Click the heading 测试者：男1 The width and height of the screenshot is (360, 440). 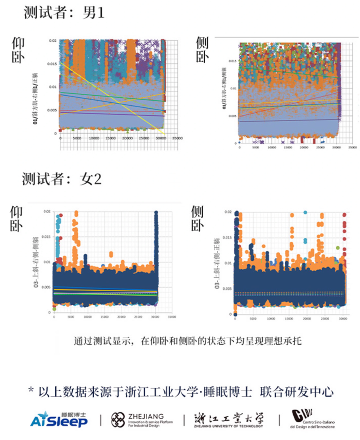[63, 13]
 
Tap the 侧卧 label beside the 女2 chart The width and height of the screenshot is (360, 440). [197, 219]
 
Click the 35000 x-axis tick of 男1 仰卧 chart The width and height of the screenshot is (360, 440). [177, 138]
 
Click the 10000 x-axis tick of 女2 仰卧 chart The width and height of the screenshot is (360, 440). [87, 317]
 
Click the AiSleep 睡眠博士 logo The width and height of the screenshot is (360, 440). [59, 419]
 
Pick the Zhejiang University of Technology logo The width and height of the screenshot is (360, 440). [228, 420]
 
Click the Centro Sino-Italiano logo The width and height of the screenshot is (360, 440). [313, 419]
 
